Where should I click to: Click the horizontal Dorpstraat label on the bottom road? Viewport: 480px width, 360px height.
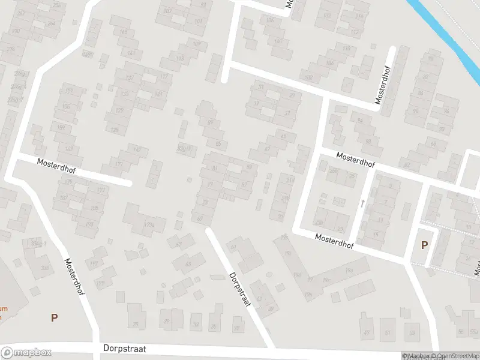pos(125,348)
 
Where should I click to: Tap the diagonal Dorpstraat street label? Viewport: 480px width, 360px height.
pos(239,290)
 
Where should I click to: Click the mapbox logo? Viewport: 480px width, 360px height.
pos(26,353)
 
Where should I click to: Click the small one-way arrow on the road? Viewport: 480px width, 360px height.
pos(362,203)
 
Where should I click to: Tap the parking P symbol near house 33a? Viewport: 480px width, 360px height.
pos(54,317)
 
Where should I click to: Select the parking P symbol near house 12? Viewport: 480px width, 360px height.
pos(425,245)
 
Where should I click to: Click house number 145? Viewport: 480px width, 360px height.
pos(124,32)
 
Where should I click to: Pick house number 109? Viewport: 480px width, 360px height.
pos(196,43)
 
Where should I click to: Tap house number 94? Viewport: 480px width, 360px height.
pos(360,121)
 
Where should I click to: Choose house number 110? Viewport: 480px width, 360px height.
pos(346,48)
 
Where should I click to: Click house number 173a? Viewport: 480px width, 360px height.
pos(149,225)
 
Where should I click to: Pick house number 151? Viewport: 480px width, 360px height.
pos(69,91)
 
